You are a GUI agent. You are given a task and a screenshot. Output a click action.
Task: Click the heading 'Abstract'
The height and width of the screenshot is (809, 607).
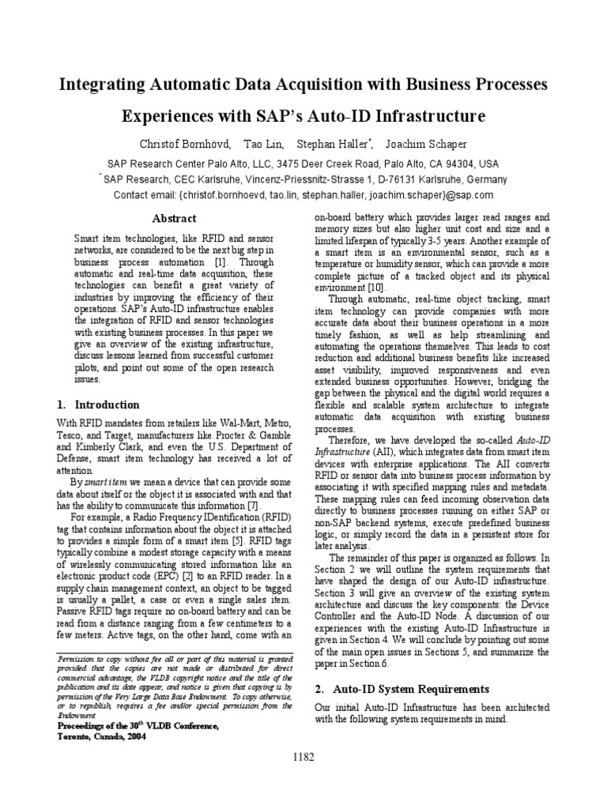[173, 218]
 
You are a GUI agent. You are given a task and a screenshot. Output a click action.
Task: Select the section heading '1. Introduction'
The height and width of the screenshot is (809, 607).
[99, 404]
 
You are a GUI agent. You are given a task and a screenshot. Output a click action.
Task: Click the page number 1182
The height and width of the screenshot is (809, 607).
[303, 756]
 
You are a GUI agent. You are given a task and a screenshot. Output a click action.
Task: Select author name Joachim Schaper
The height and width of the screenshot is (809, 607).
[426, 144]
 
